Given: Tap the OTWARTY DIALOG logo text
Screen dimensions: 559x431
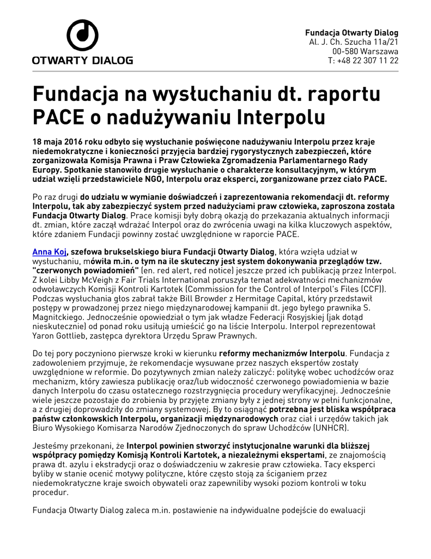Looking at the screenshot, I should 82,60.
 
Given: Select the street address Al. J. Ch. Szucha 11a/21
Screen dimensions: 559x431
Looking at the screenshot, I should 354,42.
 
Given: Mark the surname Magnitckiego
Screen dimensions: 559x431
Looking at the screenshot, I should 60,317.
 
